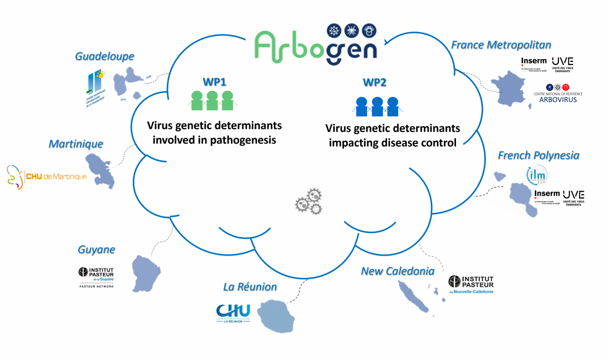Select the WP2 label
[375, 82]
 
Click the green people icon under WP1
[212, 100]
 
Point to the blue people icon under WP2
[376, 106]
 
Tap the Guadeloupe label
[104, 56]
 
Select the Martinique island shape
[101, 170]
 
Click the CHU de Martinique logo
[47, 177]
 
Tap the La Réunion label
[250, 287]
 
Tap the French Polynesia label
[538, 155]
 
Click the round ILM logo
[537, 176]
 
